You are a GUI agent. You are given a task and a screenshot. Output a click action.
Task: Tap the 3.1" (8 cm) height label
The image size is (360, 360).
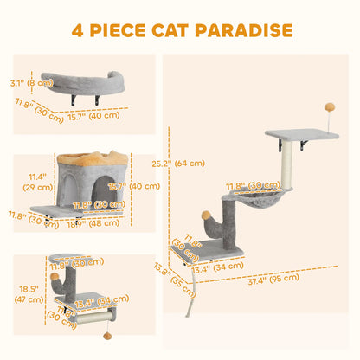pyautogui.click(x=28, y=84)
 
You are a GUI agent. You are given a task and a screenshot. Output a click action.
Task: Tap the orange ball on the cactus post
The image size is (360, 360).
pyautogui.click(x=206, y=215)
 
